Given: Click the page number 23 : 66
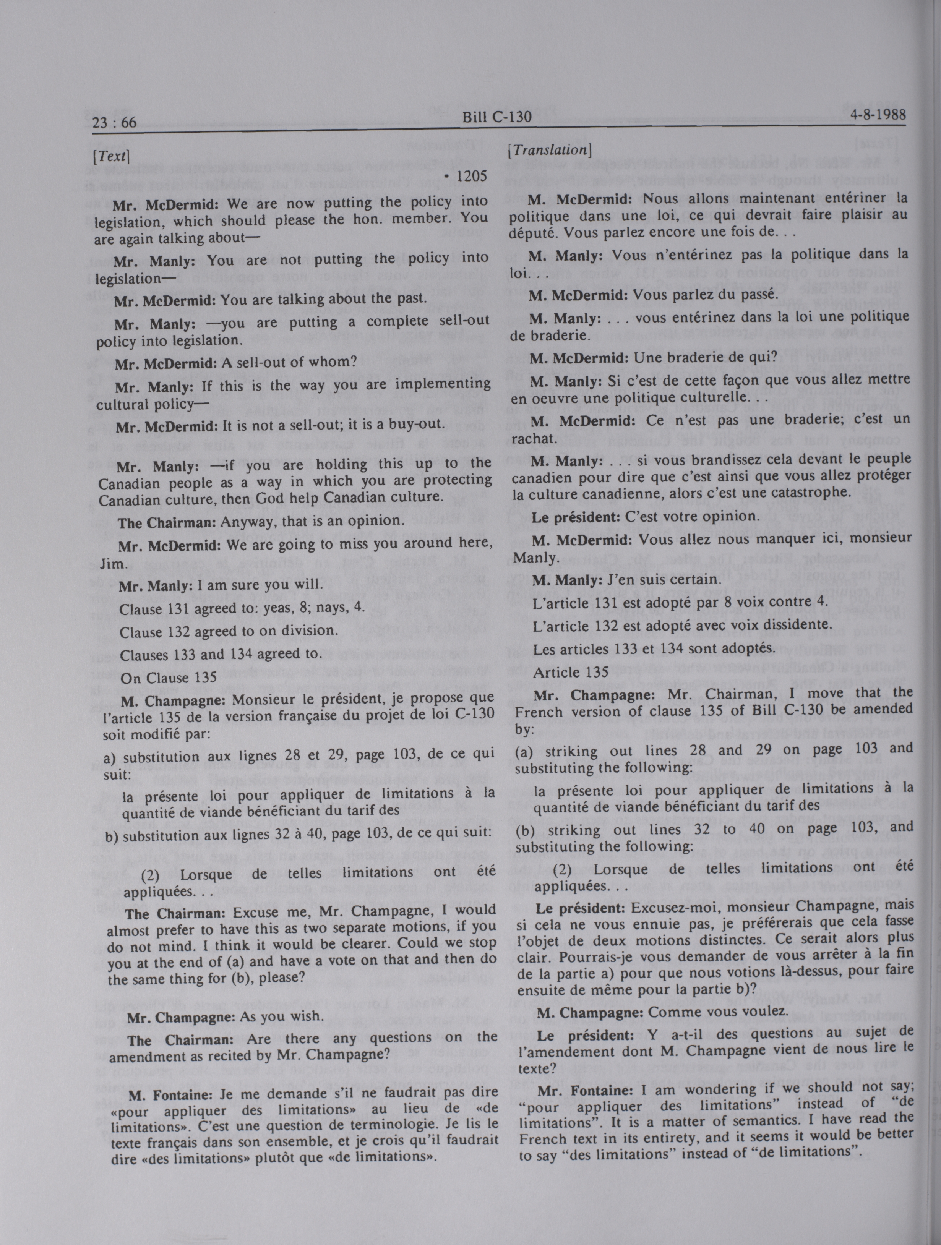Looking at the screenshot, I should (x=114, y=122).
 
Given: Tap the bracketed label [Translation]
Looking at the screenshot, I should (x=549, y=150).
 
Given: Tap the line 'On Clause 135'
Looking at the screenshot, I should (x=168, y=678).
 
